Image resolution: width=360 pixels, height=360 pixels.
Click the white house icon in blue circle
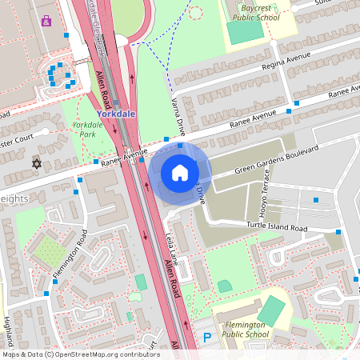click(180, 173)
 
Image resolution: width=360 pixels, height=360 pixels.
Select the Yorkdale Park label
click(87, 130)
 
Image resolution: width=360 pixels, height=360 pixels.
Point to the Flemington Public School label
click(253, 328)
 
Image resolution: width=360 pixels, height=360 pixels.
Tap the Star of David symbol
click(35, 163)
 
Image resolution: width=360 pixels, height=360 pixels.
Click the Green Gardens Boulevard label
click(276, 159)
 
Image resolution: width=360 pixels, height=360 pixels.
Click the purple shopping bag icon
click(46, 22)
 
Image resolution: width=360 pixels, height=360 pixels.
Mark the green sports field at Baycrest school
click(244, 31)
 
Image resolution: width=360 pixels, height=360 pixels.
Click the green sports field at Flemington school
click(273, 310)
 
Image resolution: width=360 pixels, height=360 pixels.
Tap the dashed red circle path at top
click(195, 12)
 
